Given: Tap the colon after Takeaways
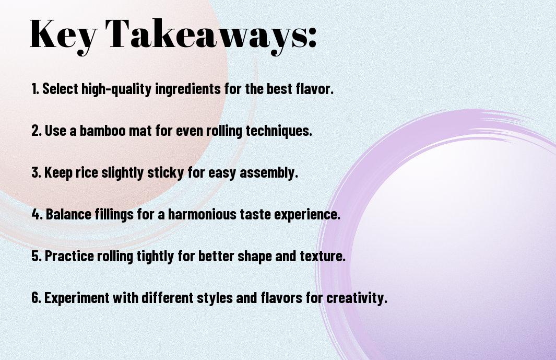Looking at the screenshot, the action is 312,37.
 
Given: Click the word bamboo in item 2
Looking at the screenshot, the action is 102,131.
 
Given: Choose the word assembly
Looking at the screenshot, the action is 269,172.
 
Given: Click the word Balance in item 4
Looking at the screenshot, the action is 68,214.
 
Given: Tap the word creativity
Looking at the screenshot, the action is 357,298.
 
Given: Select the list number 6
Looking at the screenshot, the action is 36,298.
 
